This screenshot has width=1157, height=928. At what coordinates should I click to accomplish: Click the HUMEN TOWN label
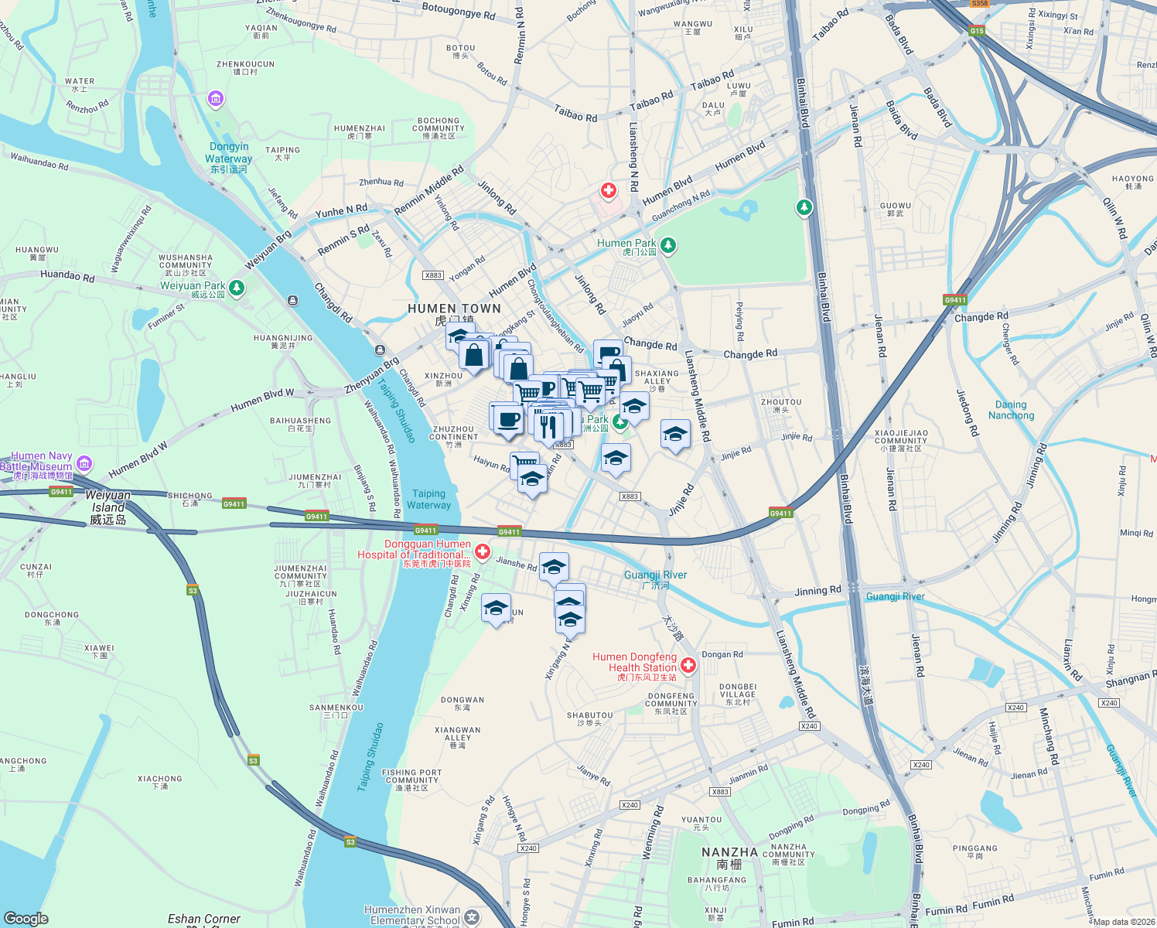454,309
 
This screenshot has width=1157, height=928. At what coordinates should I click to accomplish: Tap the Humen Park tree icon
668,245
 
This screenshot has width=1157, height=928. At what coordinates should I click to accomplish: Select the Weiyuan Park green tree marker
237,288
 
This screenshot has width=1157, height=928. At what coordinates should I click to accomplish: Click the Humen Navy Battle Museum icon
84,464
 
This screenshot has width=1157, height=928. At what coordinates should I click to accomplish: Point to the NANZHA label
729,852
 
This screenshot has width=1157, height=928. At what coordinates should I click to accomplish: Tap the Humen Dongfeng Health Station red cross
688,665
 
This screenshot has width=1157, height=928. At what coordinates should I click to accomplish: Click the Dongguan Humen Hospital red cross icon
483,551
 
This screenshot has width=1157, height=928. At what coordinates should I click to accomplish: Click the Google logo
26,918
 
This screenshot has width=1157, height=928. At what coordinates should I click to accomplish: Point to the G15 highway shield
977,31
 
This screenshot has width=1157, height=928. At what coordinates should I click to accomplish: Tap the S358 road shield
980,4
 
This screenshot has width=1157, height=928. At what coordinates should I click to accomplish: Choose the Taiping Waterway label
428,500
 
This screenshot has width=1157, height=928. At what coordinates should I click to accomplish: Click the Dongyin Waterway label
229,152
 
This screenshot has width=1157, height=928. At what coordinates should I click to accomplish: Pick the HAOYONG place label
1132,179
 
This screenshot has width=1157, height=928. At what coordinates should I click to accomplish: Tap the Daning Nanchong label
1011,410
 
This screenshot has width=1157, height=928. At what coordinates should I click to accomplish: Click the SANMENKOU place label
336,708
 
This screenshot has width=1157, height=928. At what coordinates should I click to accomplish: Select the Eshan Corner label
204,919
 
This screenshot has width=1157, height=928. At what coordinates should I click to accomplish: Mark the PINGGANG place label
974,848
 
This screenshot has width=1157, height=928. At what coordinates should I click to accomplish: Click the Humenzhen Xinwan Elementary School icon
472,917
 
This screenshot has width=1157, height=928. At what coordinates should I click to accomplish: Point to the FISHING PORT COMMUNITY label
411,776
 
